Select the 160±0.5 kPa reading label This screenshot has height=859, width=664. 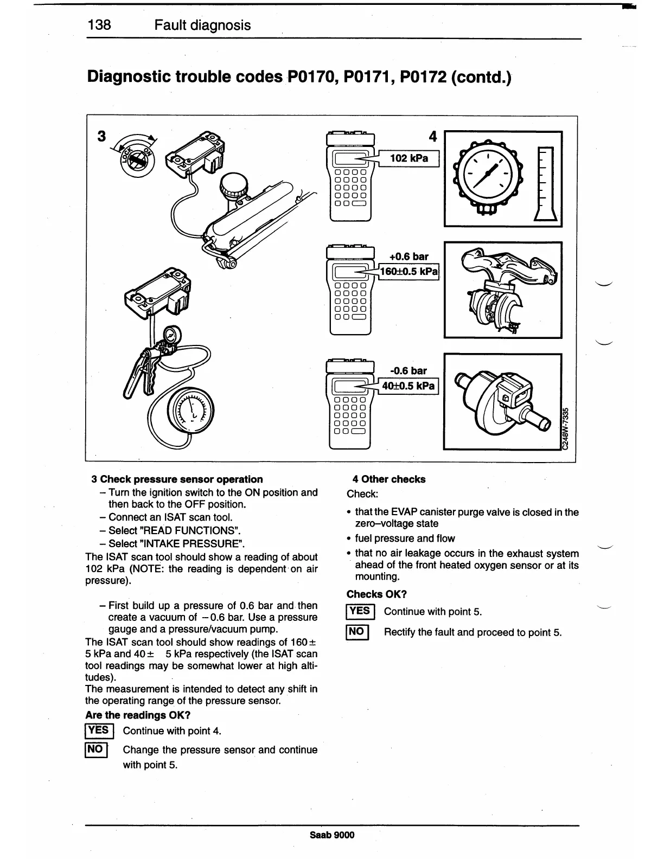(409, 271)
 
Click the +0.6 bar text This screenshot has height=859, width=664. (409, 257)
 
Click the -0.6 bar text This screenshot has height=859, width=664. (408, 371)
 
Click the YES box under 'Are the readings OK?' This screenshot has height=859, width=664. (99, 730)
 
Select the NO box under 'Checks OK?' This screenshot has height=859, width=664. (357, 632)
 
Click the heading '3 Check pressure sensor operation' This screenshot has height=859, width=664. (177, 479)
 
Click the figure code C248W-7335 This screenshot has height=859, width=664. (565, 428)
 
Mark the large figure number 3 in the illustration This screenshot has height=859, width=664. (101, 136)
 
